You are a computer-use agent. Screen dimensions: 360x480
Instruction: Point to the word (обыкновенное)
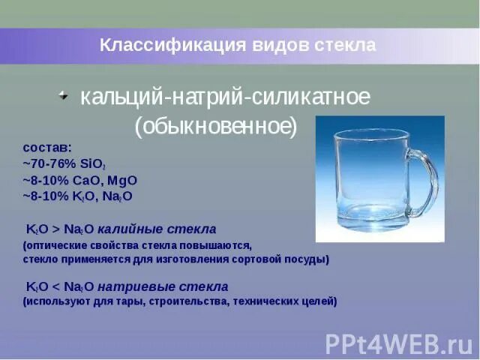tap(216, 126)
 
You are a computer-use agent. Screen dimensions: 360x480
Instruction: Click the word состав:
tap(47, 148)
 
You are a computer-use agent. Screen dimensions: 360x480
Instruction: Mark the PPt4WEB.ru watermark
tap(398, 343)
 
